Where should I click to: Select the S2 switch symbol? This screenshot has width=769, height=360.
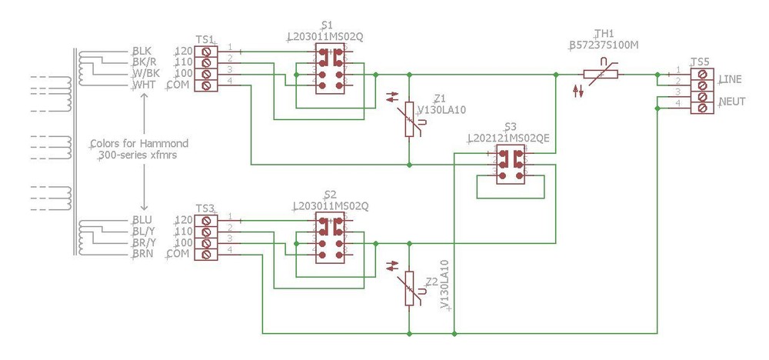(x=331, y=237)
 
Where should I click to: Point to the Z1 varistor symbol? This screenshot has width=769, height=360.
(x=410, y=120)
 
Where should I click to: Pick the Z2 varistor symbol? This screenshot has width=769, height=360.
(x=410, y=288)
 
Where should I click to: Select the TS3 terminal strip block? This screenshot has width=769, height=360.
(x=205, y=237)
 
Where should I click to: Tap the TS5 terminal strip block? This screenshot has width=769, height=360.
(x=701, y=90)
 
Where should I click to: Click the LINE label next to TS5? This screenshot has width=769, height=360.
(x=731, y=80)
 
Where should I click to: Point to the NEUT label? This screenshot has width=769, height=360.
(x=731, y=102)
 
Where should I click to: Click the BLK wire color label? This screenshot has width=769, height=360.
(x=142, y=52)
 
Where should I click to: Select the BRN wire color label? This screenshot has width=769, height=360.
(x=142, y=254)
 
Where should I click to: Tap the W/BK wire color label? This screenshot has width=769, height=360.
(x=145, y=74)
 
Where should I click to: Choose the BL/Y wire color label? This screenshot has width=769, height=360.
(x=144, y=231)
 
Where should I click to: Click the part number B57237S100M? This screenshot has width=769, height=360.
(x=604, y=45)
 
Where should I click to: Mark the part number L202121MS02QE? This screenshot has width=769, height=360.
(x=508, y=138)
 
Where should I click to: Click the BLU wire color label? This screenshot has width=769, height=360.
(x=142, y=220)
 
